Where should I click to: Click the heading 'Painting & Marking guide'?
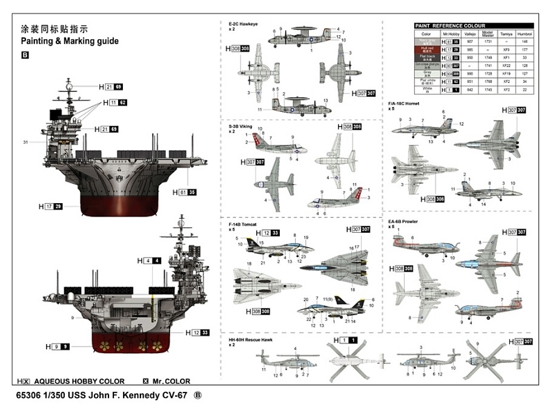pyautogui.click(x=70, y=42)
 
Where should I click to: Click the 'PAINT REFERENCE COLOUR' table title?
pyautogui.click(x=449, y=26)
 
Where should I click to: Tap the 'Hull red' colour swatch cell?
pyautogui.click(x=426, y=50)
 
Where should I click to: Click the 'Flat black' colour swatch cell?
pyautogui.click(x=426, y=57)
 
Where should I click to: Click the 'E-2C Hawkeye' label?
pyautogui.click(x=243, y=24)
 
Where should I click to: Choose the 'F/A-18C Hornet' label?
pyautogui.click(x=404, y=104)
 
